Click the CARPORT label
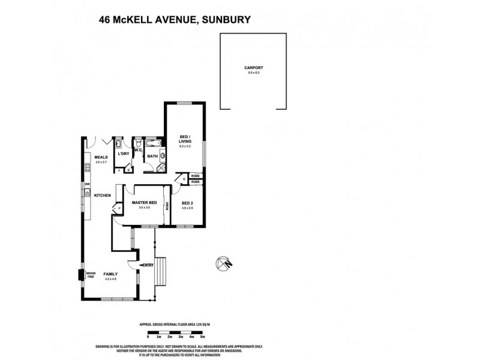coord(253,68)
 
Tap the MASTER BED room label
coord(144,203)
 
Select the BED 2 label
coord(187,203)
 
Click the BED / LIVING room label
coord(185,138)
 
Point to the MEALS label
coord(101,158)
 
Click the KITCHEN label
coord(102,196)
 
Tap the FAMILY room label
coord(110,274)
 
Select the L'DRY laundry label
coord(124,154)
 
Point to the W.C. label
coord(137,151)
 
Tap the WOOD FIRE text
coord(91,275)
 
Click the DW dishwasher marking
coord(87,184)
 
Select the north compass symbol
coord(223,263)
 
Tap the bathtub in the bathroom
coord(151,144)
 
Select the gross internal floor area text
coord(175,324)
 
